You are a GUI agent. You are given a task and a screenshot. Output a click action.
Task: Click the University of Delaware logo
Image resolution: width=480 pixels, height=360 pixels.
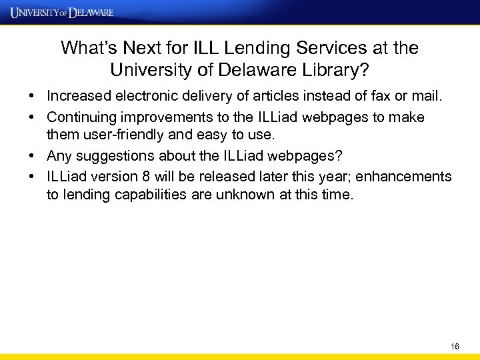click(62, 12)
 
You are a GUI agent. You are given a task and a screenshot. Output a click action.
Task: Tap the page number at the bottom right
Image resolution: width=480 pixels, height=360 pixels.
click(455, 347)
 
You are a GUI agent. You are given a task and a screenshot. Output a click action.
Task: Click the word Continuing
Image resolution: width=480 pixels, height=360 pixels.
click(82, 117)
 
